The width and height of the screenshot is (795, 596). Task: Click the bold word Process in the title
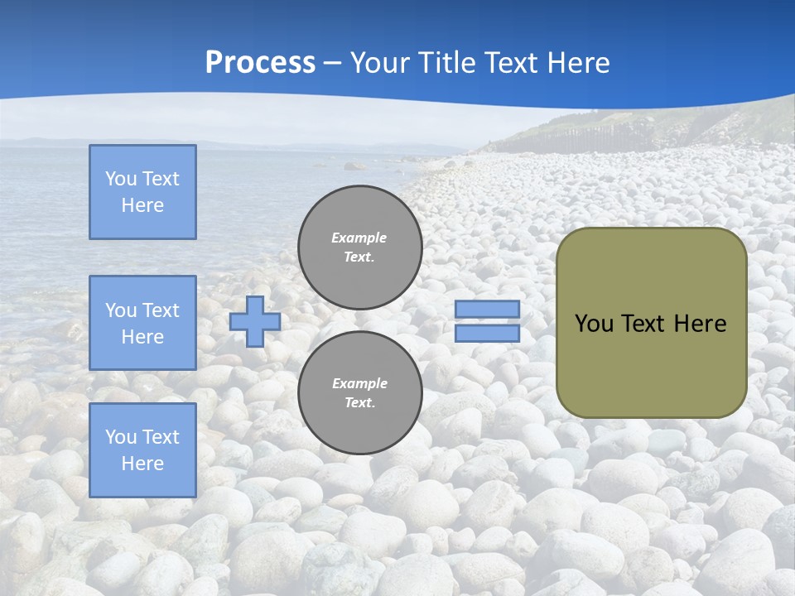coord(260,63)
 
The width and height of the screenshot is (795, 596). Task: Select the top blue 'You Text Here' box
coord(142,192)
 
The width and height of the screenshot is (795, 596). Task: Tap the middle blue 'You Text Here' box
coord(142,323)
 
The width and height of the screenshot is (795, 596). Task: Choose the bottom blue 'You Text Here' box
coord(142,450)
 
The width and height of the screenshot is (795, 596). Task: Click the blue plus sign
coord(254,321)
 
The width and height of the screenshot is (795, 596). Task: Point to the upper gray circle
coord(360,248)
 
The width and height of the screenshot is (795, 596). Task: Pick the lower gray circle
coord(360,393)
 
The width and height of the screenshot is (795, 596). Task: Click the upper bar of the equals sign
coord(487,310)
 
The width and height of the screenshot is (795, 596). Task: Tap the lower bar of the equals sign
coord(487,333)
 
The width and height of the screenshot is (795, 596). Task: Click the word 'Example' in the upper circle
coord(359,238)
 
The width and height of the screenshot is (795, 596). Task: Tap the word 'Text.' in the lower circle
coord(359,403)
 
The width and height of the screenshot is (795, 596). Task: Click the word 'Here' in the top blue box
coord(142,205)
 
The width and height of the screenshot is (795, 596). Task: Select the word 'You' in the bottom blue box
coord(121,437)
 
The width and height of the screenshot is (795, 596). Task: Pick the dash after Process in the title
coord(333,63)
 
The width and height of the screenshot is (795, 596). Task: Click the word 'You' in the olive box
coord(594,324)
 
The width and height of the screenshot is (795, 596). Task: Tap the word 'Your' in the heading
coord(383,63)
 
